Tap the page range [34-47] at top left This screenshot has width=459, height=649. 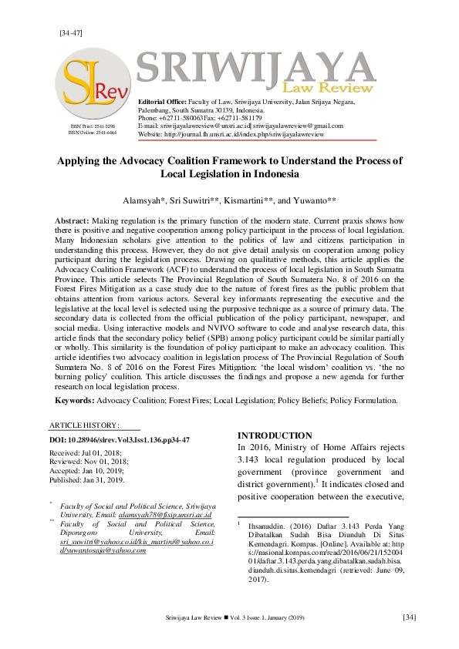70,32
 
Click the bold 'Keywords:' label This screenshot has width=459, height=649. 78,400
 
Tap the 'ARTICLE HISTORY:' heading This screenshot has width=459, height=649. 84,425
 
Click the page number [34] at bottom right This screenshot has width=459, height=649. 410,617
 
